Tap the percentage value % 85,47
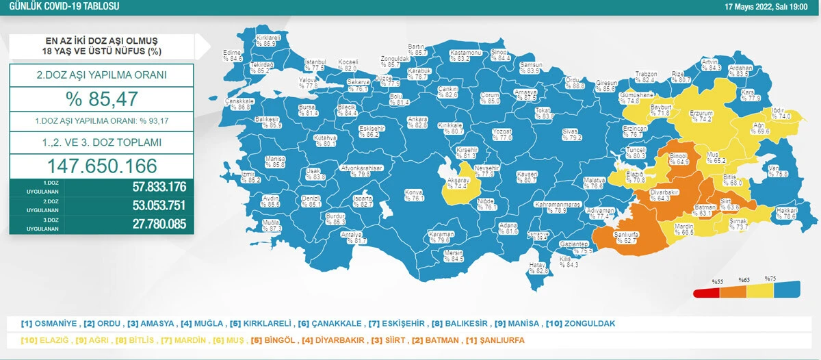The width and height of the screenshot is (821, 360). click(101, 100)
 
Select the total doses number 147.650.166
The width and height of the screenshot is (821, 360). click(101, 166)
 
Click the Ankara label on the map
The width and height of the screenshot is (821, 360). click(417, 122)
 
